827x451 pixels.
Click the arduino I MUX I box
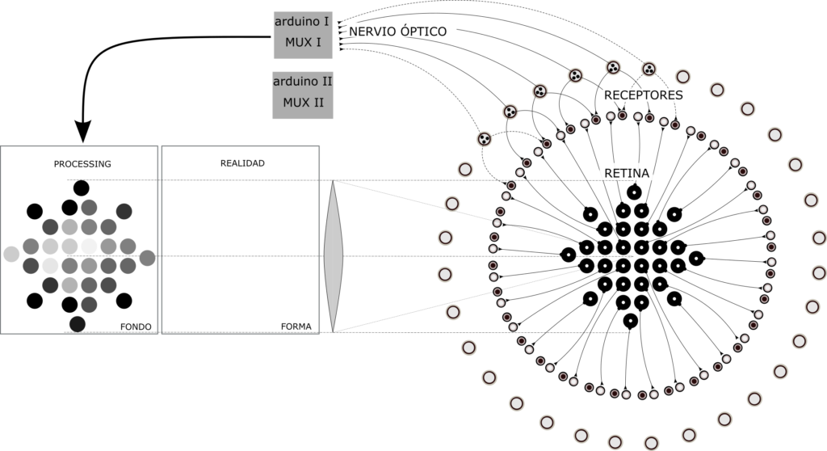tap(303, 35)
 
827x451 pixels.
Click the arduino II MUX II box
tap(303, 95)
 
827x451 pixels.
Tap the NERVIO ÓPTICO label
tap(397, 32)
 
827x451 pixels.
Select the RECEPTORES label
tap(643, 95)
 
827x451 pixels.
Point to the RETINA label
tap(627, 173)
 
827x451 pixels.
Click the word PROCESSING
tap(82, 164)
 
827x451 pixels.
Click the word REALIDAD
tap(242, 163)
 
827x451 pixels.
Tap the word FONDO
tap(136, 327)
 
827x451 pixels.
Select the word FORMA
tap(296, 327)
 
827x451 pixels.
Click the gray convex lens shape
tap(333, 256)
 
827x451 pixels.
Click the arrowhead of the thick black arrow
tap(83, 131)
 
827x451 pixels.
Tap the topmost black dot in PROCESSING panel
tap(82, 188)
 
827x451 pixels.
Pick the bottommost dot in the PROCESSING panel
tap(78, 324)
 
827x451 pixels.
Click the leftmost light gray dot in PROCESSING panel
tap(11, 254)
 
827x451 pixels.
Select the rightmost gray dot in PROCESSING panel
tap(147, 258)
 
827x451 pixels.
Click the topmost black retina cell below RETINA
tap(634, 192)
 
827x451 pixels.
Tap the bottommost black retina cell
tap(630, 321)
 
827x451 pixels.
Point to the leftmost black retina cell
tap(568, 255)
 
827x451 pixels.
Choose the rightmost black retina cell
tap(696, 259)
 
